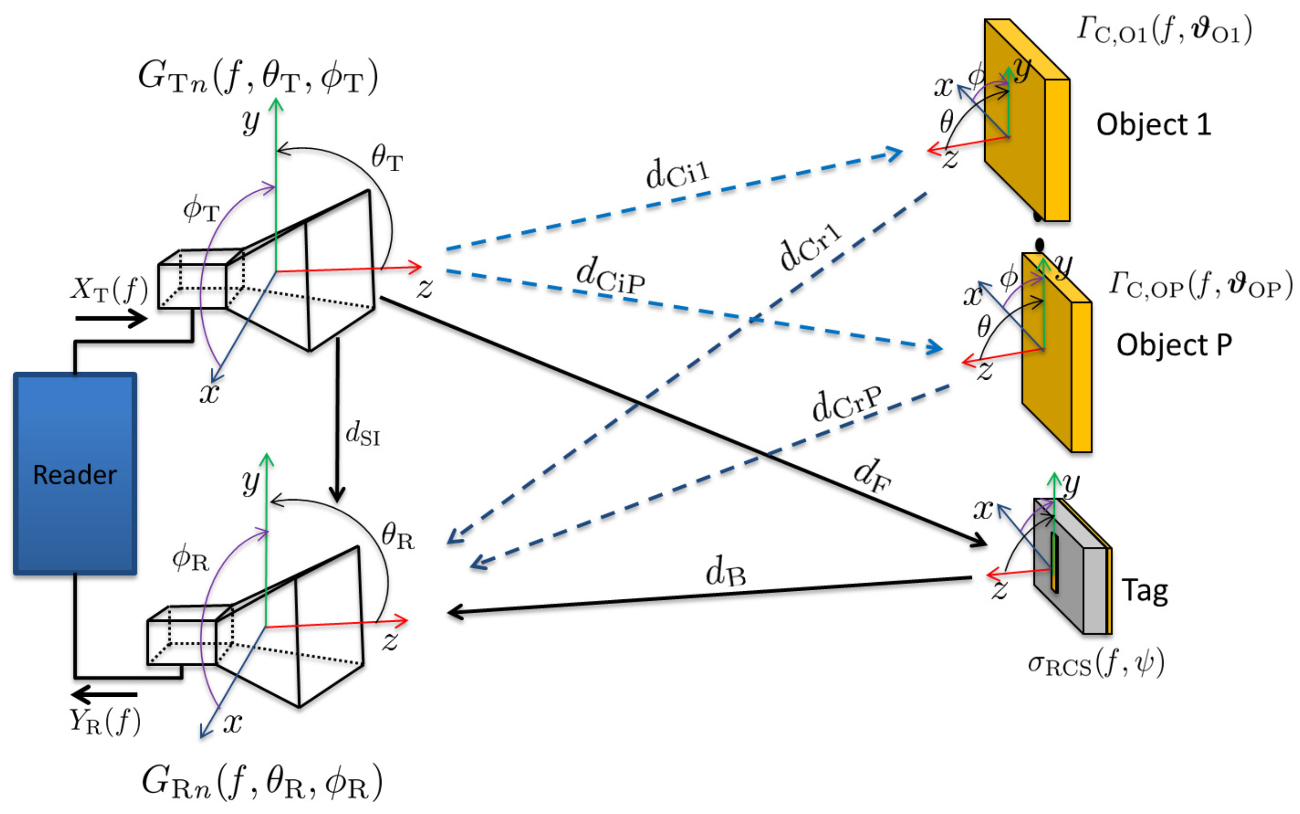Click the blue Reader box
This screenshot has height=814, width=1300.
75,474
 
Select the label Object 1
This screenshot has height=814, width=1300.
1154,125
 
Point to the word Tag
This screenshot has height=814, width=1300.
1145,591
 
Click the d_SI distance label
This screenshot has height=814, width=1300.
363,434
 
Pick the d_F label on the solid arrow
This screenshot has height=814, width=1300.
872,476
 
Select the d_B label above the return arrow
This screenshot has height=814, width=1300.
725,572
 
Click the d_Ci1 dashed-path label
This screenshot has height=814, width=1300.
677,172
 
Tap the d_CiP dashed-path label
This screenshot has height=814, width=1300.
610,276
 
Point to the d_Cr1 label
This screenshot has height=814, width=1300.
810,247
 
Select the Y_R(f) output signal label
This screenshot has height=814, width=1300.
105,721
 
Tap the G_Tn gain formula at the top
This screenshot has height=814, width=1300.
258,76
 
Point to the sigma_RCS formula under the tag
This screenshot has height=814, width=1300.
1096,663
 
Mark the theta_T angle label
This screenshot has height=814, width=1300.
386,160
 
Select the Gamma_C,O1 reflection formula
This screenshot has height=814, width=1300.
1164,30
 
